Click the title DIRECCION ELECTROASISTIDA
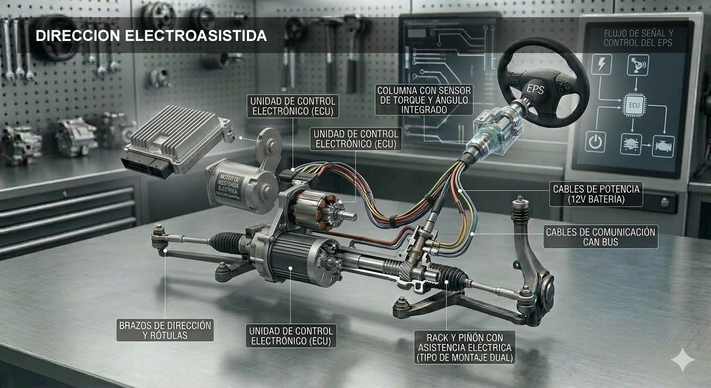pyautogui.click(x=151, y=36)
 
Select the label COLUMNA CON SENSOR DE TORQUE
pyautogui.click(x=424, y=100)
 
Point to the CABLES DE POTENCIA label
pyautogui.click(x=596, y=194)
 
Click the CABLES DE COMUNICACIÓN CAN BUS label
pyautogui.click(x=600, y=237)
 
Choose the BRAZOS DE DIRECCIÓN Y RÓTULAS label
pyautogui.click(x=165, y=330)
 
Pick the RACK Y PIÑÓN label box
pyautogui.click(x=465, y=348)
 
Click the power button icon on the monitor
pyautogui.click(x=595, y=142)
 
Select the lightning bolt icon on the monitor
pyautogui.click(x=601, y=65)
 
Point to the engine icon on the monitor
pyautogui.click(x=663, y=146)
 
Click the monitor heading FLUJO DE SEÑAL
pyautogui.click(x=638, y=38)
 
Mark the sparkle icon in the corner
pyautogui.click(x=682, y=359)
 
